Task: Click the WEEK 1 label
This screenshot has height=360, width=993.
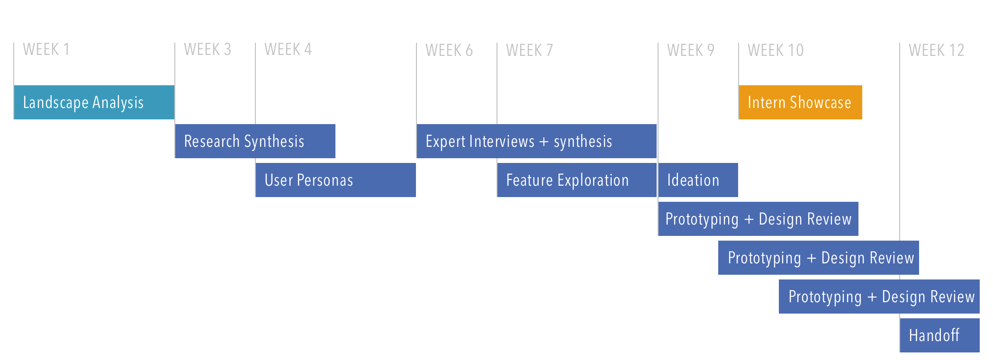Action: click(46, 49)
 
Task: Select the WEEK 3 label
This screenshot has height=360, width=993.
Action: click(208, 49)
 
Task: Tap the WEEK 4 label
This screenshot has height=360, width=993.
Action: click(288, 49)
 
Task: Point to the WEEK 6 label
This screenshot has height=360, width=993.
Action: click(449, 50)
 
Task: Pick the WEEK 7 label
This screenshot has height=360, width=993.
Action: click(530, 50)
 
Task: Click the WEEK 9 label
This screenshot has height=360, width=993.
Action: click(691, 50)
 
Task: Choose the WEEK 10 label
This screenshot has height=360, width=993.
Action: click(776, 50)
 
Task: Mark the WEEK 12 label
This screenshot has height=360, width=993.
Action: click(937, 50)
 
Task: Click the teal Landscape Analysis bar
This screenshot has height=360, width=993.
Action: click(94, 102)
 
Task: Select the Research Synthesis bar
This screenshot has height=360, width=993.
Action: click(255, 141)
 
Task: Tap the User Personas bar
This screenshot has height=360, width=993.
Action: click(336, 180)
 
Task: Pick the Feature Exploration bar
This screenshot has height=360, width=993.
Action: click(577, 180)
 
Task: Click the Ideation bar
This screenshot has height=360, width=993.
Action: click(698, 180)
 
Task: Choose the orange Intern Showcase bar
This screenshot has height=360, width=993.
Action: click(801, 102)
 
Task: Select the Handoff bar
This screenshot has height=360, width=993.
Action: click(940, 335)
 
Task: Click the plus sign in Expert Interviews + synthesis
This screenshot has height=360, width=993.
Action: click(544, 142)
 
